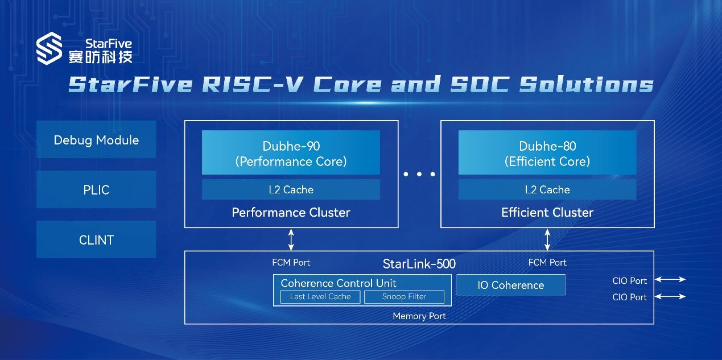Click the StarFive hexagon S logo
click(49, 48)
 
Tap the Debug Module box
click(96, 139)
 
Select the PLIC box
click(96, 189)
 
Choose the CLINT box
click(96, 239)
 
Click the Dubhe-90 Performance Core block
click(291, 152)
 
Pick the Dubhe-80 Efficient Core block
click(547, 152)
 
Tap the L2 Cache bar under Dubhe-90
click(291, 189)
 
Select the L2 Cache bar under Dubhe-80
click(547, 189)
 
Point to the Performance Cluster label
click(291, 212)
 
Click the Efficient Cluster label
click(547, 212)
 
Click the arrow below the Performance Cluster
click(291, 239)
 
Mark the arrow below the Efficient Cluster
click(547, 239)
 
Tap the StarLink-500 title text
click(419, 264)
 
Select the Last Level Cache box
click(320, 297)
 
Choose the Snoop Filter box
click(404, 297)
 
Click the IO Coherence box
click(511, 285)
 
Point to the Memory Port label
click(419, 316)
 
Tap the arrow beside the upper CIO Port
click(670, 279)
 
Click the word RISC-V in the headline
click(253, 84)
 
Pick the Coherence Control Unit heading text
click(339, 283)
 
